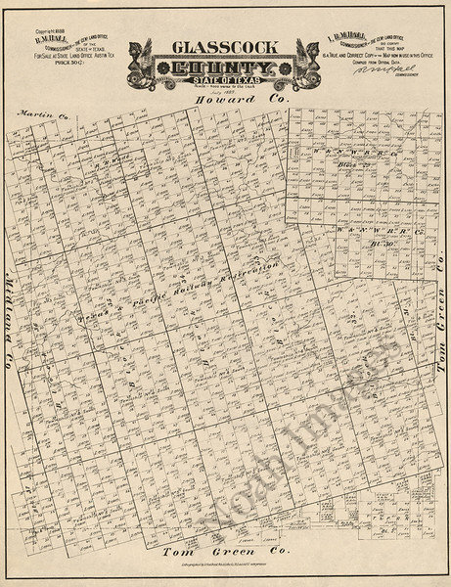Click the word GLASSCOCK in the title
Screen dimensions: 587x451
coord(224,47)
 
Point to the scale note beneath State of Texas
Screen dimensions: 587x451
coord(224,88)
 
